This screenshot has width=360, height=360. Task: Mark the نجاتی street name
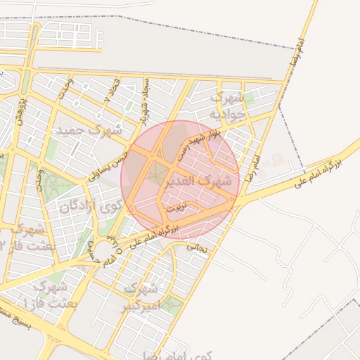pyautogui.click(x=201, y=246)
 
